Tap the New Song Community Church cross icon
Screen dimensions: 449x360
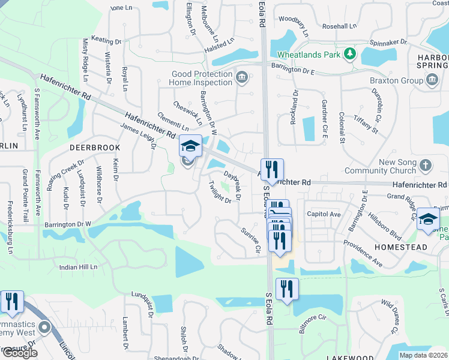[x=425, y=165]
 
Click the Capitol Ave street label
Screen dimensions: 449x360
[x=324, y=214]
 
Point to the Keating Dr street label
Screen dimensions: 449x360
[x=106, y=40]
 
